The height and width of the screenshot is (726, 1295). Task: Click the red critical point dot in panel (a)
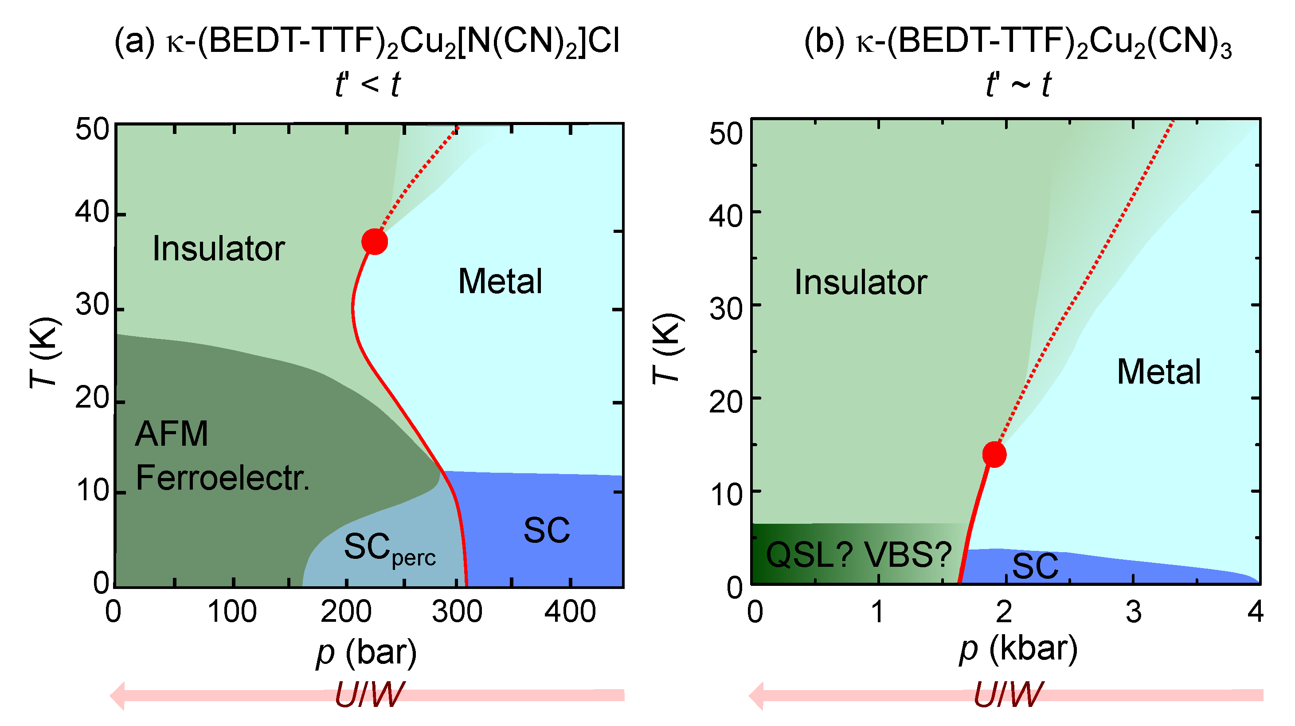click(x=375, y=242)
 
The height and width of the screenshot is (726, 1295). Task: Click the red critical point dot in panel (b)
click(x=994, y=455)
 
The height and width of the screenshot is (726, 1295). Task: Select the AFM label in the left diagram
click(x=172, y=434)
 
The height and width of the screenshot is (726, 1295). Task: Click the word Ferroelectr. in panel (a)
click(x=223, y=478)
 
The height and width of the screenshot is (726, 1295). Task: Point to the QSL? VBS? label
click(x=859, y=555)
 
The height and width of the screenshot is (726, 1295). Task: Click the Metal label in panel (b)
click(x=1159, y=372)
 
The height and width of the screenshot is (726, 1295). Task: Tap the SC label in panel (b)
click(x=1035, y=566)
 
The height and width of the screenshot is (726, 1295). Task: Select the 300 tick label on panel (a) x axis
click(x=457, y=612)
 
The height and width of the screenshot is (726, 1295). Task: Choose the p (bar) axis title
click(x=367, y=652)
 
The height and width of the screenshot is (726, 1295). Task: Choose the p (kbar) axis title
click(x=1018, y=649)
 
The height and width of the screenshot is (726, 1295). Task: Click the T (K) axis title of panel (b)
click(x=668, y=349)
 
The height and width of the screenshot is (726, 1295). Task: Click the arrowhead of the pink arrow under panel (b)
click(x=757, y=696)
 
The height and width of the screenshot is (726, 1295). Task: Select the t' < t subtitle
click(x=368, y=84)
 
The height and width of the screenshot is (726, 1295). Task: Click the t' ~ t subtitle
click(x=1018, y=84)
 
